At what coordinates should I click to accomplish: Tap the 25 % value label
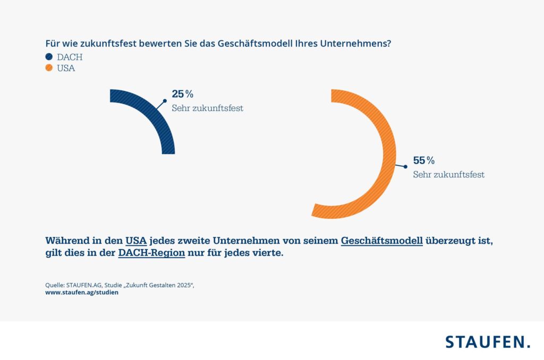[182, 94]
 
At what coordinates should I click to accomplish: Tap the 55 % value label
[424, 160]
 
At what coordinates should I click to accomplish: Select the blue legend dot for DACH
[49, 57]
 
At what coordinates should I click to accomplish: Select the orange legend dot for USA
[49, 68]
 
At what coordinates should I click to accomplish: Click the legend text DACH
[70, 57]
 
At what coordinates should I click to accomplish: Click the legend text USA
[66, 68]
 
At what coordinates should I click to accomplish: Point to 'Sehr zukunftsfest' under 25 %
[207, 108]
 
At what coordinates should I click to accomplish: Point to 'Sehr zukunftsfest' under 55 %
[448, 174]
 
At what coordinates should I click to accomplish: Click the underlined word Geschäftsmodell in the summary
[381, 241]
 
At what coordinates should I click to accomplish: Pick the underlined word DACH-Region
[151, 253]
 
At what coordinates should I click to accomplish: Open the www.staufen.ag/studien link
[82, 293]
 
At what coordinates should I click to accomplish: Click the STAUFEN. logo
[487, 341]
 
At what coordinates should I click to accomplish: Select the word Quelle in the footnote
[55, 285]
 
